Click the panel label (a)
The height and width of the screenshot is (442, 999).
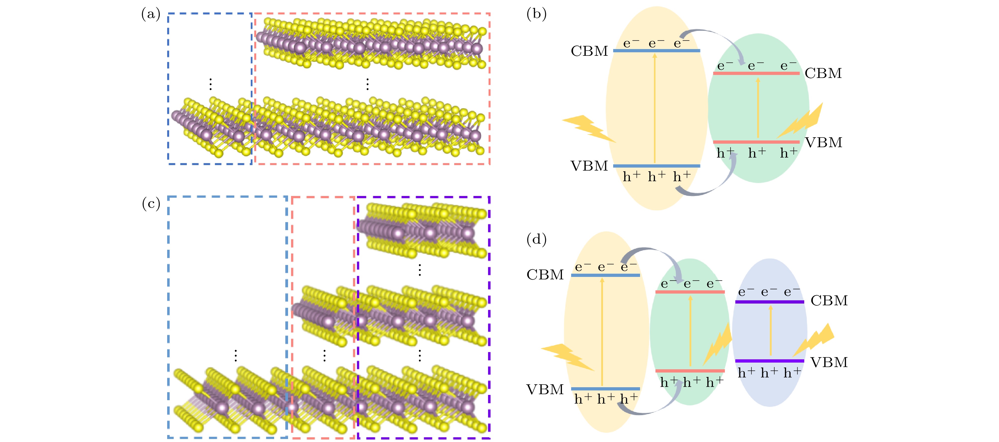pos(150,14)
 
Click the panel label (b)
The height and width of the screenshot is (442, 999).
pos(536,14)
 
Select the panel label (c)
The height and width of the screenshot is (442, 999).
pos(151,203)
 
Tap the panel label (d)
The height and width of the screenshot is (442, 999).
pos(536,239)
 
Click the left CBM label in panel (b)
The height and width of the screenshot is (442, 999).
pos(589,51)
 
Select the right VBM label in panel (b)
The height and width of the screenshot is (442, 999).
pos(823,142)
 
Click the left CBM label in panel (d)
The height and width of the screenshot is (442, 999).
pos(545,274)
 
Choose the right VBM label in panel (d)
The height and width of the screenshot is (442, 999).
pos(829,362)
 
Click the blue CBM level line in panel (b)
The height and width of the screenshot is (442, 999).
pos(656,51)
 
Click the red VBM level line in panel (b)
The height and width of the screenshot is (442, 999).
pos(756,142)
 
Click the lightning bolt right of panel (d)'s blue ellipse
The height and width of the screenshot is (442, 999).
pos(814,340)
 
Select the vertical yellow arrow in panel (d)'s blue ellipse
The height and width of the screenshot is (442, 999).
pos(770,330)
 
